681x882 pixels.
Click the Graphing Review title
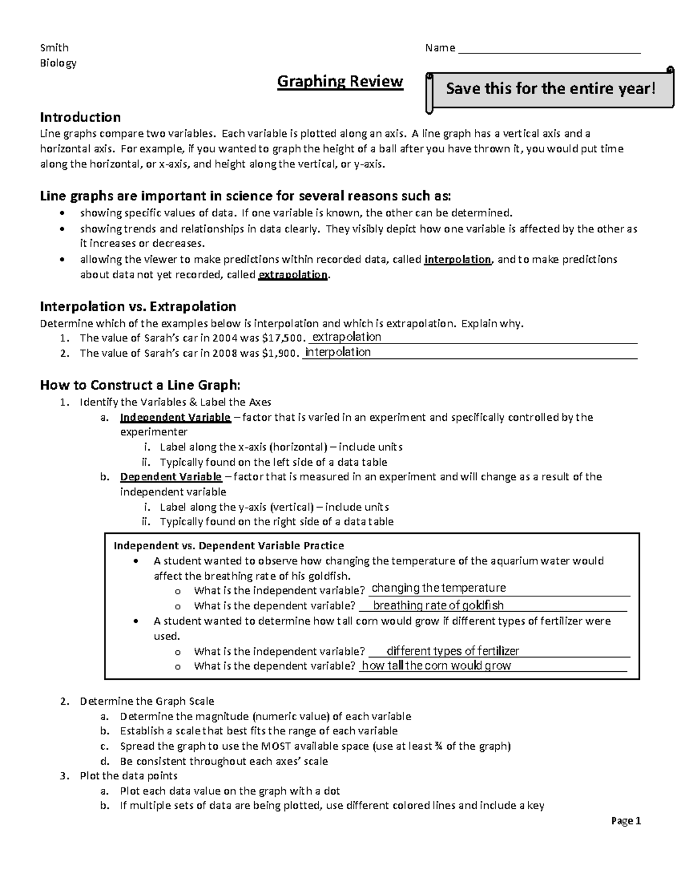pyautogui.click(x=340, y=82)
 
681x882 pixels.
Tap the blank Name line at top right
pyautogui.click(x=549, y=49)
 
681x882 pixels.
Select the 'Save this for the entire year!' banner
pyautogui.click(x=550, y=89)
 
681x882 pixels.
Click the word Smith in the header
pyautogui.click(x=54, y=48)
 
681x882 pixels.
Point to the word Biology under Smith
pyautogui.click(x=58, y=63)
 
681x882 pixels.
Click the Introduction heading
pyautogui.click(x=80, y=118)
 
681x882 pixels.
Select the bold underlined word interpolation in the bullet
pyautogui.click(x=457, y=260)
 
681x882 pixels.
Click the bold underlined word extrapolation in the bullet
pyautogui.click(x=293, y=275)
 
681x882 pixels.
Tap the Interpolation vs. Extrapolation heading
pyautogui.click(x=138, y=307)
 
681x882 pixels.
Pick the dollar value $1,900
pyautogui.click(x=278, y=353)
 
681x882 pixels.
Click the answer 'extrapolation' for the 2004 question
pyautogui.click(x=347, y=337)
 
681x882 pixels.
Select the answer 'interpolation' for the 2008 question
pyautogui.click(x=338, y=352)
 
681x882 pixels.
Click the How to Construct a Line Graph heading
pyautogui.click(x=140, y=385)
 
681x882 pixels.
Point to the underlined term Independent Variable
pyautogui.click(x=175, y=417)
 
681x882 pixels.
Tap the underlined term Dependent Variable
pyautogui.click(x=171, y=476)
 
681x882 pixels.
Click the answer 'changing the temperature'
pyautogui.click(x=438, y=588)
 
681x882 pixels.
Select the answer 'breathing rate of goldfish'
pyautogui.click(x=438, y=605)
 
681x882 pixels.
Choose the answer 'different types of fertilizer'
pyautogui.click(x=452, y=651)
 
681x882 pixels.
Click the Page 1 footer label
pyautogui.click(x=626, y=821)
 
